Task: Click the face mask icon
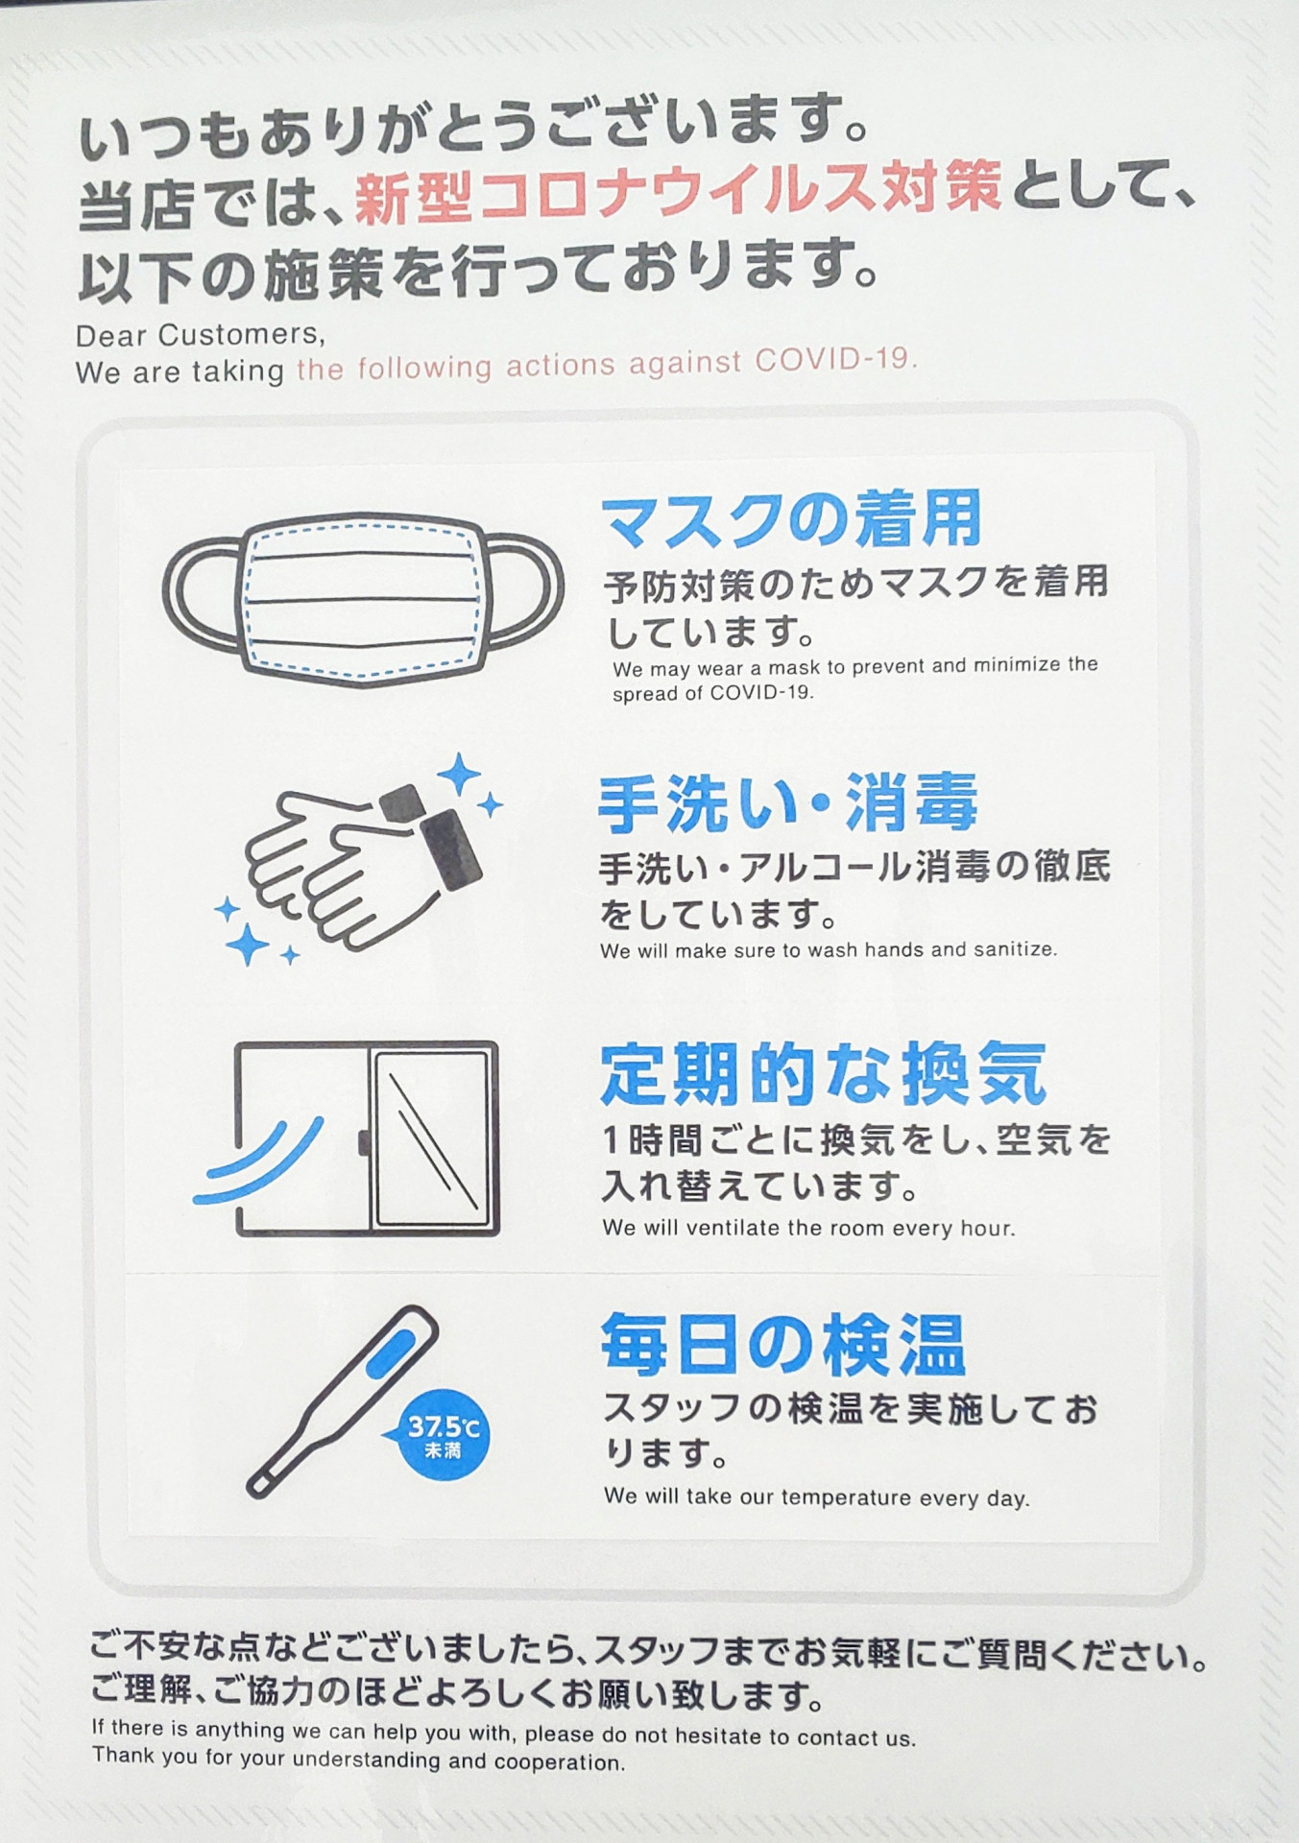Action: pos(363,598)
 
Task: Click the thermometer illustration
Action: pos(342,1401)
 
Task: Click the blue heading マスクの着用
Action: pos(791,519)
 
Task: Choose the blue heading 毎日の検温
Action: pos(782,1345)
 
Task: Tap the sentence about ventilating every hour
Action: pos(808,1228)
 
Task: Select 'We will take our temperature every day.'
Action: pos(816,1497)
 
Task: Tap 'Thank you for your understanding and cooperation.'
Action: pos(358,1761)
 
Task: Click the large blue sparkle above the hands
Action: pos(460,775)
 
